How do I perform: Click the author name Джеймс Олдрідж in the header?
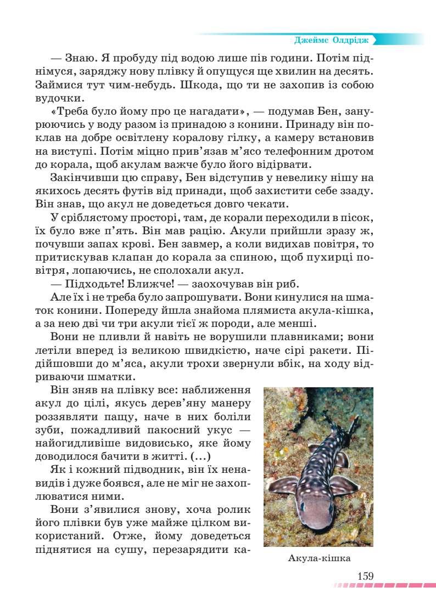[333, 40]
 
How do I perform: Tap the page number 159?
[365, 576]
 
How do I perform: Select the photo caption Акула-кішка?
[318, 558]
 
